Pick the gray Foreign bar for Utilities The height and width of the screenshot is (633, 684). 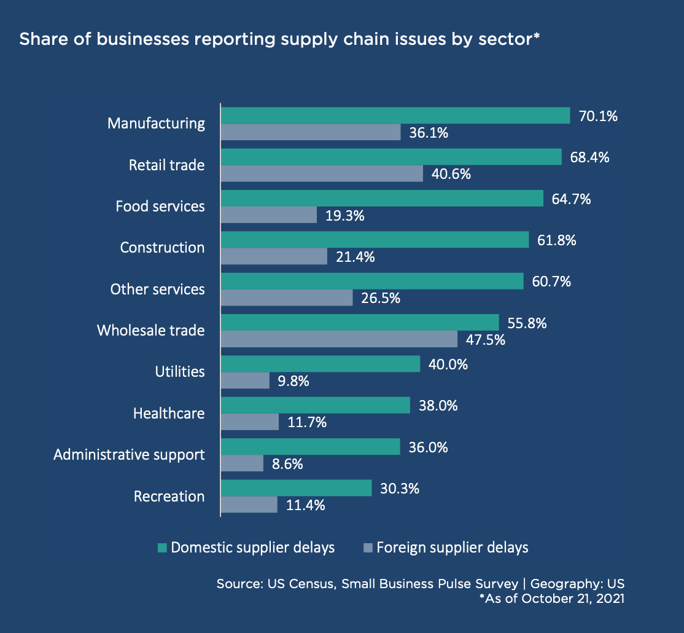(245, 380)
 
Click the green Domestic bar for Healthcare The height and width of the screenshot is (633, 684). (315, 405)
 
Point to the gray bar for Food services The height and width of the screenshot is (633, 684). (269, 214)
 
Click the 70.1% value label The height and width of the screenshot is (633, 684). (598, 116)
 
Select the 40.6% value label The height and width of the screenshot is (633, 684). (451, 174)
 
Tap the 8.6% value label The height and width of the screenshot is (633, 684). (287, 463)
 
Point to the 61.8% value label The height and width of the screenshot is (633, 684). (557, 240)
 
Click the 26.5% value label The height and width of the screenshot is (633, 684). (381, 298)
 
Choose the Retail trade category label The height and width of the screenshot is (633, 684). (166, 165)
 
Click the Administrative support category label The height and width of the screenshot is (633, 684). (129, 455)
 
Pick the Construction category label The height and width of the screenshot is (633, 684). (162, 248)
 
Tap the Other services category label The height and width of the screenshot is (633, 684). (157, 289)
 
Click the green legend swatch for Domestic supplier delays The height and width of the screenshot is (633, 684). (163, 548)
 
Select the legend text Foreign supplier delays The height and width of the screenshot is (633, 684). (453, 548)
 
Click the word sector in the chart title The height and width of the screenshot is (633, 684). (508, 39)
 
